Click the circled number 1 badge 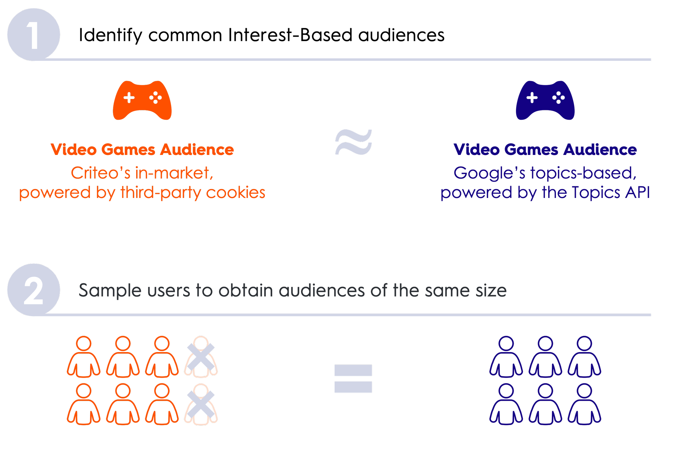tap(34, 35)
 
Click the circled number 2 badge tap(34, 290)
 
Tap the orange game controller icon tap(142, 100)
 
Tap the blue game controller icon tap(545, 100)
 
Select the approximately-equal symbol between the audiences tap(353, 143)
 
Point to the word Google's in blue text tap(489, 173)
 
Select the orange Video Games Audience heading tap(142, 150)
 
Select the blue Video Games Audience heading tap(545, 150)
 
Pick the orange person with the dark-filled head tap(123, 356)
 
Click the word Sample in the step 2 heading tap(110, 291)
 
